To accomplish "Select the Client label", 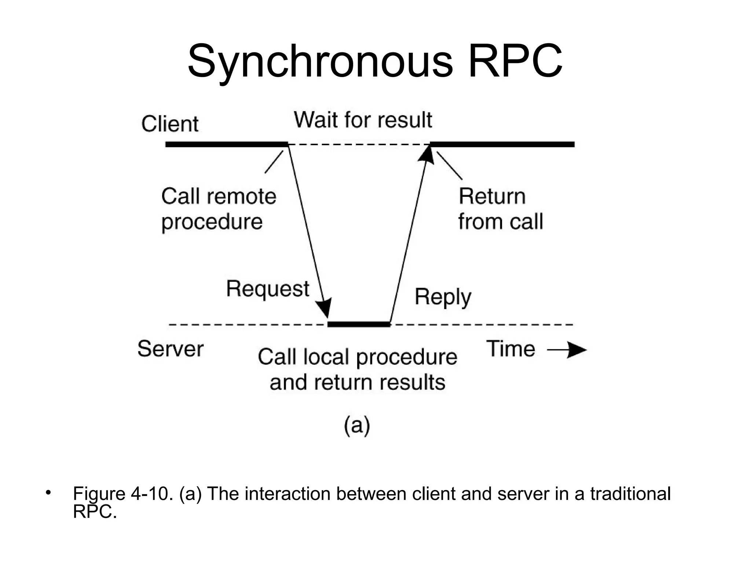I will click(170, 124).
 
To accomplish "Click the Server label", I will click(170, 349).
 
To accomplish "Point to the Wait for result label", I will click(363, 120).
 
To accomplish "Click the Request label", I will click(268, 289).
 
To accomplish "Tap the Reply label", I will click(443, 297).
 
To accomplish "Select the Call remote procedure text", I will click(219, 209).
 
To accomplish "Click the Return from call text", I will click(500, 209).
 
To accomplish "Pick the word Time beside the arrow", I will click(510, 349).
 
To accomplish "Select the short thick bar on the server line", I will click(358, 324).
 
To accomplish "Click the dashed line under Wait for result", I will click(359, 144).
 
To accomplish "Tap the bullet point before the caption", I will click(47, 492).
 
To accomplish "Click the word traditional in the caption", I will click(630, 494).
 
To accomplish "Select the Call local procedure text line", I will click(358, 357).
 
